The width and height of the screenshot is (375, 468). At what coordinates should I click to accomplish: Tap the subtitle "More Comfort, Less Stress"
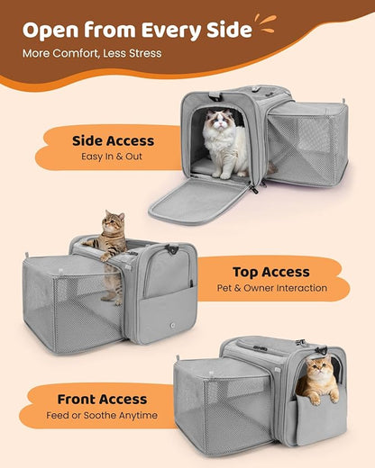pos(92,53)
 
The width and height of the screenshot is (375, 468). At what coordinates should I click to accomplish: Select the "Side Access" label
pos(113,140)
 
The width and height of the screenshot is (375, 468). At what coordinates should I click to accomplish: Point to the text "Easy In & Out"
pos(113,157)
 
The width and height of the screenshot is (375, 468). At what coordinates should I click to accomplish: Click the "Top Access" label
pos(270,272)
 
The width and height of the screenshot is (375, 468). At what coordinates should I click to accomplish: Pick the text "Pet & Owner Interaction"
pos(270,289)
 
